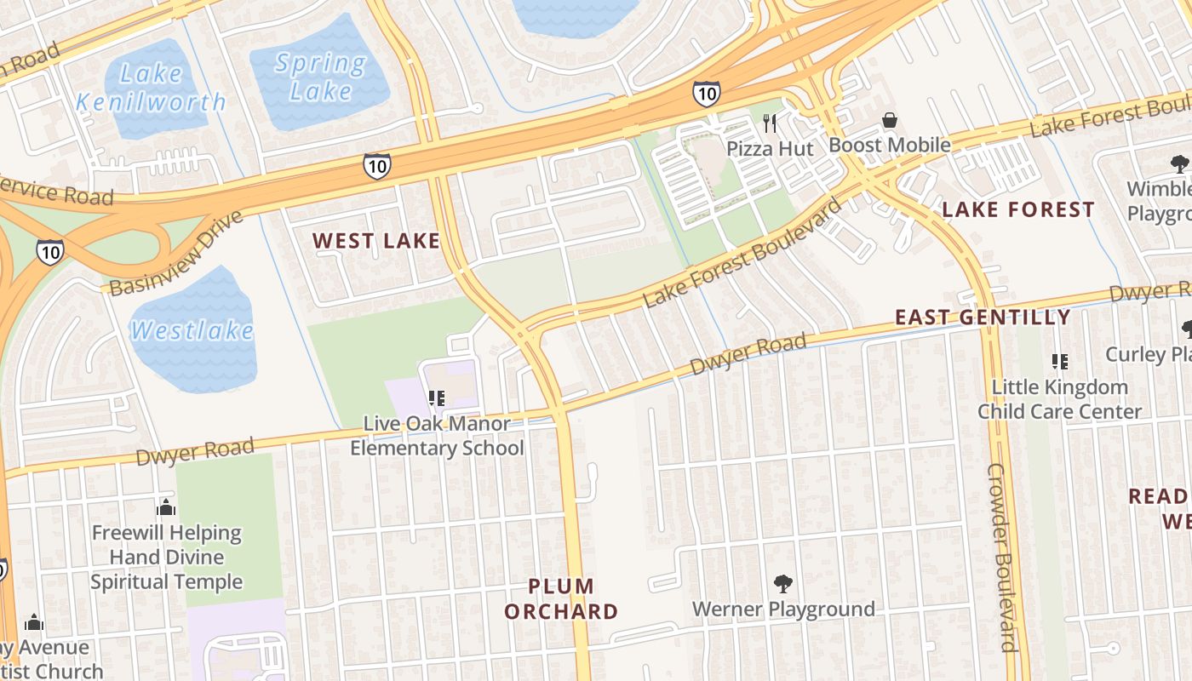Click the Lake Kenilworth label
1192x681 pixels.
click(151, 88)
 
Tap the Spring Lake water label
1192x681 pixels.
click(321, 77)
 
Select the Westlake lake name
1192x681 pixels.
click(192, 330)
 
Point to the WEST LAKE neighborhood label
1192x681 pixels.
click(376, 241)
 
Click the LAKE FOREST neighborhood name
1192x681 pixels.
click(1017, 209)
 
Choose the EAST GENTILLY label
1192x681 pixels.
click(983, 318)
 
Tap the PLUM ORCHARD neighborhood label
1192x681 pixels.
click(561, 598)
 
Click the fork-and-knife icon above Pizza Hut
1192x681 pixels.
click(771, 123)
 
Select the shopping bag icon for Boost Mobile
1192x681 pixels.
click(890, 120)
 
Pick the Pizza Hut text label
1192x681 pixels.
click(770, 149)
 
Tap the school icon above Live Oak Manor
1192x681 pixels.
click(437, 398)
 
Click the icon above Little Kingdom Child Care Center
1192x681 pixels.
click(1060, 362)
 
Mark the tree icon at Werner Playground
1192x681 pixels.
click(783, 584)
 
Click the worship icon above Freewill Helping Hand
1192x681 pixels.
click(166, 508)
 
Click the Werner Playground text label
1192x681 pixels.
click(783, 609)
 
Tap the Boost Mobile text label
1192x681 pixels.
click(890, 145)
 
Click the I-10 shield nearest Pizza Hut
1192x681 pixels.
click(706, 94)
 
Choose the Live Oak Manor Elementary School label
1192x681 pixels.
click(437, 435)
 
